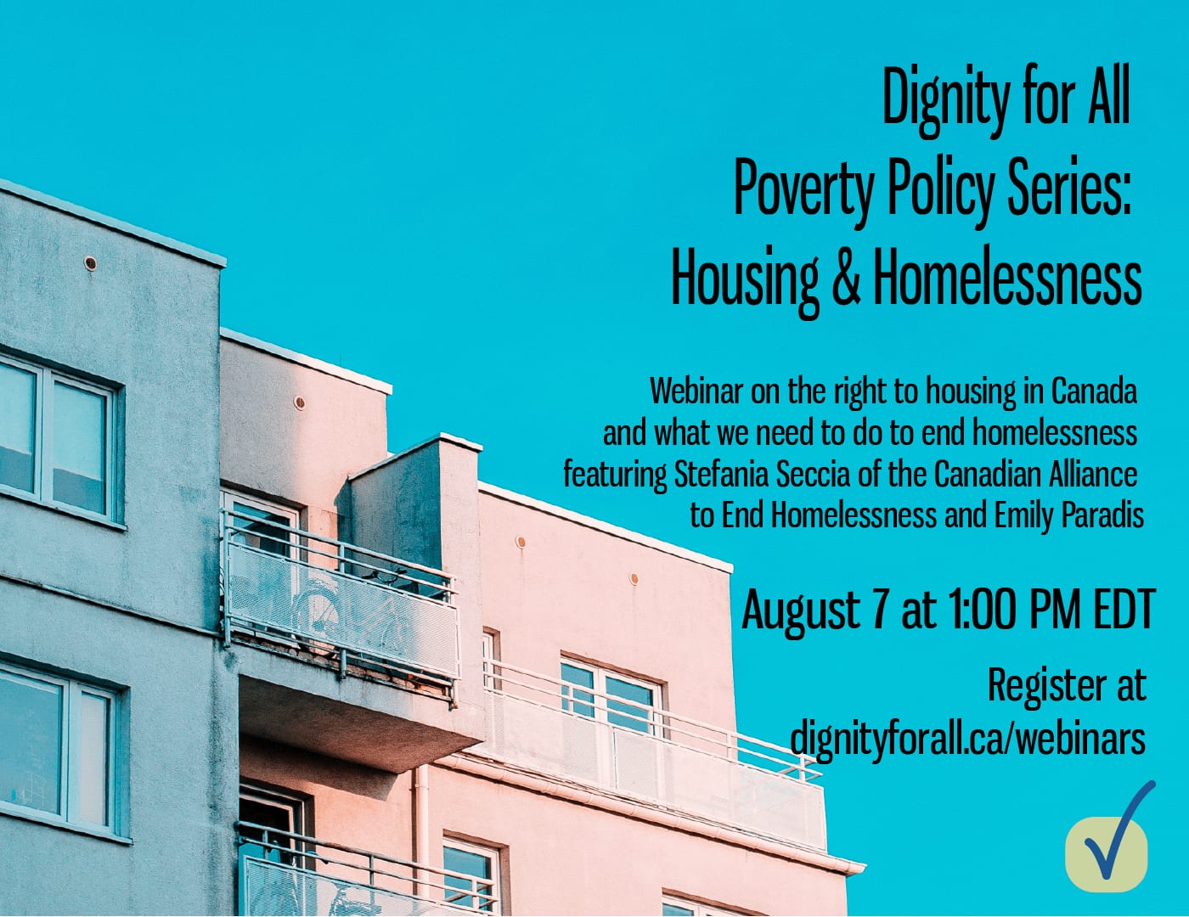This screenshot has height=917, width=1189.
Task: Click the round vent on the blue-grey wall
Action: [90, 263]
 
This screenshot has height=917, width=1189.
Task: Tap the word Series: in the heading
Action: [1062, 186]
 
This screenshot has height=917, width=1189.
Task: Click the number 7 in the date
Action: [879, 608]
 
